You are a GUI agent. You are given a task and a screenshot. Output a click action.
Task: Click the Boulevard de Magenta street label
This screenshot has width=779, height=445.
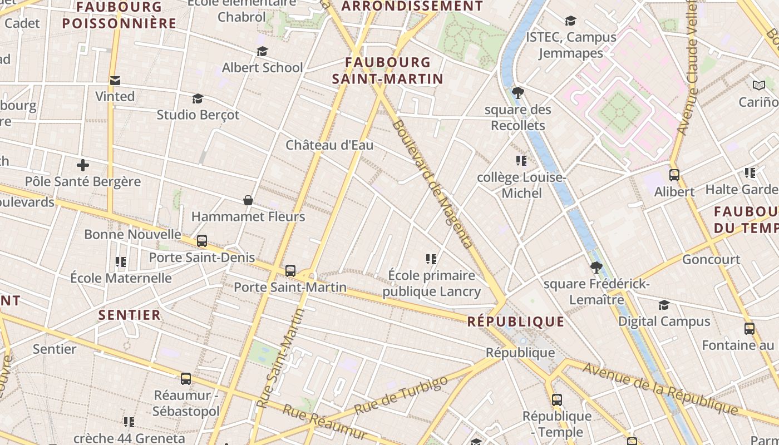432,184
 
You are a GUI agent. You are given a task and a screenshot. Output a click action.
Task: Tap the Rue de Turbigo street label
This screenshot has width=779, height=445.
401,395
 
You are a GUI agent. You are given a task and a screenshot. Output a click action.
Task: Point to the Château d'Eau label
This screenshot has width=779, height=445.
329,145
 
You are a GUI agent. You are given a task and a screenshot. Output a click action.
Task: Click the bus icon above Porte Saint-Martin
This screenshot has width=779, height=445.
290,271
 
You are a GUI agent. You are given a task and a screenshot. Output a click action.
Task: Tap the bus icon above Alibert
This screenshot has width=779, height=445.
674,175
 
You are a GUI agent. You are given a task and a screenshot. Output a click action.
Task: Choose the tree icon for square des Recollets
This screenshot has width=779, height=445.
518,93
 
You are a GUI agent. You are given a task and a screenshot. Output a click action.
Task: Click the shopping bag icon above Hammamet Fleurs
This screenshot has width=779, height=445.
248,200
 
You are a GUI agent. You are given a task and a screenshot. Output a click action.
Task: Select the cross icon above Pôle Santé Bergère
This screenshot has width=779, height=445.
83,165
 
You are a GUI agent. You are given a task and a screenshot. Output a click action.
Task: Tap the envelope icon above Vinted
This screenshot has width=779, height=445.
115,81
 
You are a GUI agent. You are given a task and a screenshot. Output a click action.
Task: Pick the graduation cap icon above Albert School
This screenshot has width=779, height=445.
262,52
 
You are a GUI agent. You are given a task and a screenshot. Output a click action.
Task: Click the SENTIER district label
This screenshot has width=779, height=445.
130,315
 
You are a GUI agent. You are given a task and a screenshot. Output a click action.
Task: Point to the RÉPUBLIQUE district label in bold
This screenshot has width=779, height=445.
516,322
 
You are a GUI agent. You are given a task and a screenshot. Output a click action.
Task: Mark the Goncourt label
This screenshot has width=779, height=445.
711,259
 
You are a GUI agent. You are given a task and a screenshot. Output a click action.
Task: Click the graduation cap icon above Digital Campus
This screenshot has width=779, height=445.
664,305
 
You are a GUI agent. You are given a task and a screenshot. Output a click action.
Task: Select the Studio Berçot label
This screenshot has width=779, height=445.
198,115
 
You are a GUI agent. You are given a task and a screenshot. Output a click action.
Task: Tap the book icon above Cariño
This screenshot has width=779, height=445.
759,86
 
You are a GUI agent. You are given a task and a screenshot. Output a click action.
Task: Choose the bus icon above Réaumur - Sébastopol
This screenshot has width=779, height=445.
186,379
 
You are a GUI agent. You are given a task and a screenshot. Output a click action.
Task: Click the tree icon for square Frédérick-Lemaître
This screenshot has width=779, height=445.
596,268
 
